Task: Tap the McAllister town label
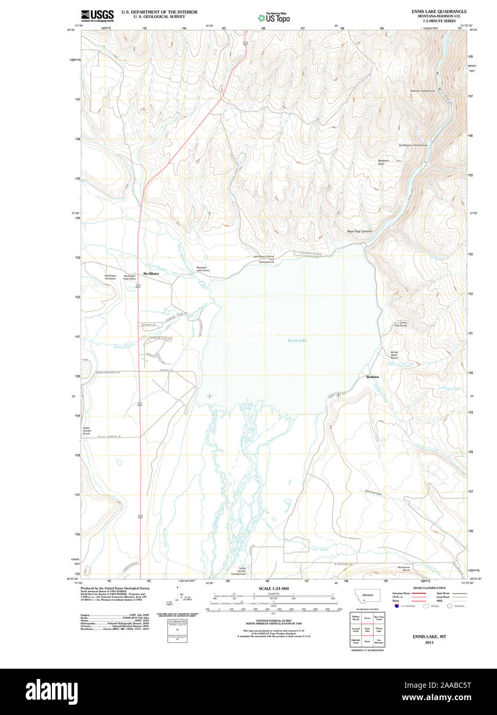(x=151, y=274)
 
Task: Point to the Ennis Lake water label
(x=297, y=341)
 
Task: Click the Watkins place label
(x=373, y=377)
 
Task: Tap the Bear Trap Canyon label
(x=359, y=231)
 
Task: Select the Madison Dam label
(x=383, y=162)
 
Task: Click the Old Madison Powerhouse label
(x=413, y=145)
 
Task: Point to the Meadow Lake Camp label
(x=201, y=269)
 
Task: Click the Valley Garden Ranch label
(x=86, y=431)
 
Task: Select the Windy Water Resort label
(x=394, y=354)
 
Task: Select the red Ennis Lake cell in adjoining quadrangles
(x=367, y=630)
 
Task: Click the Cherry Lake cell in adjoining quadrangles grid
(x=379, y=630)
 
